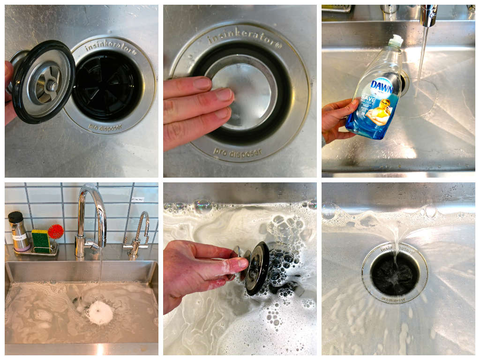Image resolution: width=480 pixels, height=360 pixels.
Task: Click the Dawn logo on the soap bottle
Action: point(381,86)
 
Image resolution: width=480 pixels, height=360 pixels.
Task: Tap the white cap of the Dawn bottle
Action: point(397,41)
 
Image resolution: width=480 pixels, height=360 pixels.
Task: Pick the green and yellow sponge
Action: point(40,240)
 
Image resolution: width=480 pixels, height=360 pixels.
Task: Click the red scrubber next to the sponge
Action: point(55,232)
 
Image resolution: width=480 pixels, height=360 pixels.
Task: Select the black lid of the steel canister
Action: point(16,217)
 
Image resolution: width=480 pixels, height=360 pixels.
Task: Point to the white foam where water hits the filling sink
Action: point(100,312)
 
